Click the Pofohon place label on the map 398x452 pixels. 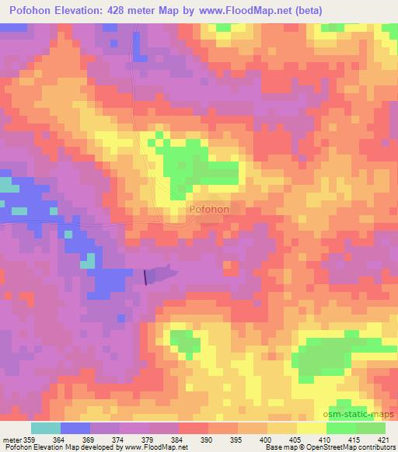[x=208, y=209]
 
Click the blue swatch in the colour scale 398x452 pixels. [x=75, y=429]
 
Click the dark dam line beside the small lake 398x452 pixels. [x=145, y=276]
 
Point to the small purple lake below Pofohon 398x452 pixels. [x=160, y=274]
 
